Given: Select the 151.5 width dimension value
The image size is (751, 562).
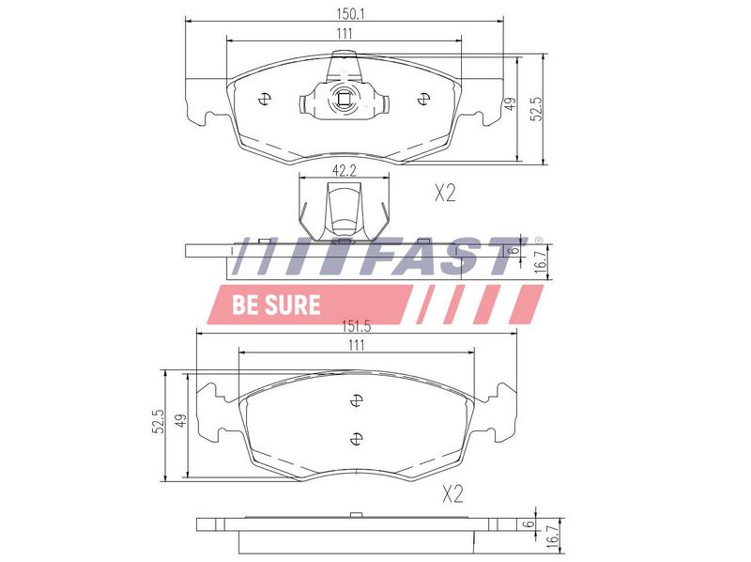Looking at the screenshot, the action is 357,326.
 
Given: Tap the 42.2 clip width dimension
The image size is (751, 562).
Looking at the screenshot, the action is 344,171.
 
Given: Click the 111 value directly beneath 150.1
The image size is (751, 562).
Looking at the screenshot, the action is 344,34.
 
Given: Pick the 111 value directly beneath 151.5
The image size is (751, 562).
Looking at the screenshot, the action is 357,345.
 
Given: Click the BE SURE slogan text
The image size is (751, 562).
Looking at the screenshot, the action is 276,304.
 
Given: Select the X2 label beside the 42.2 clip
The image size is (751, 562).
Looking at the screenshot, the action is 445,194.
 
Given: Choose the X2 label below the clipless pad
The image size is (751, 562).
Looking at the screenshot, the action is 452,494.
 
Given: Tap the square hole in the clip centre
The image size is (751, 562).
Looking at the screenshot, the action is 344,99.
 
